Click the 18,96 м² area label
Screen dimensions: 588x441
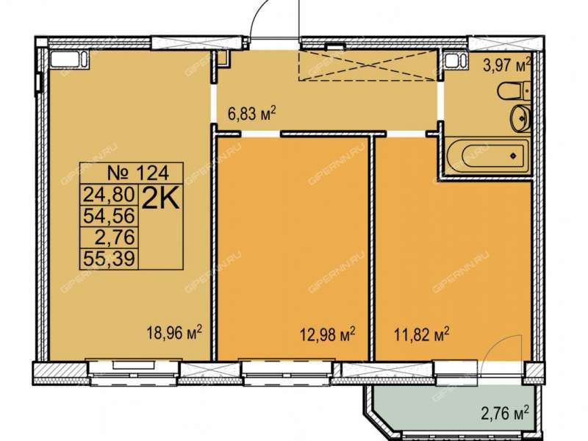174,333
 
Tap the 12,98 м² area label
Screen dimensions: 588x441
328,334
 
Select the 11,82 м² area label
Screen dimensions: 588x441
421,334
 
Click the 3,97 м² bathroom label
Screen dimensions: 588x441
507,65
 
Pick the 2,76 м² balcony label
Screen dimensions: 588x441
505,414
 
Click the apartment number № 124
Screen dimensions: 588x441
138,173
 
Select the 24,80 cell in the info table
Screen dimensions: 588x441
109,195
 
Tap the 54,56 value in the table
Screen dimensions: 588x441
109,215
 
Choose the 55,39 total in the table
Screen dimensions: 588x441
109,259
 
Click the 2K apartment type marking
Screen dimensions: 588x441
161,199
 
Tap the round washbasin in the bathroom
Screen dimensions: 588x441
520,118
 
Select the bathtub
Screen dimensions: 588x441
487,155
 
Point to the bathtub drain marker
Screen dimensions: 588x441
512,156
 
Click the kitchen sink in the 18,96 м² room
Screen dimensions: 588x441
69,60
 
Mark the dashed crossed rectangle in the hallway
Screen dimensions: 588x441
368,65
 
